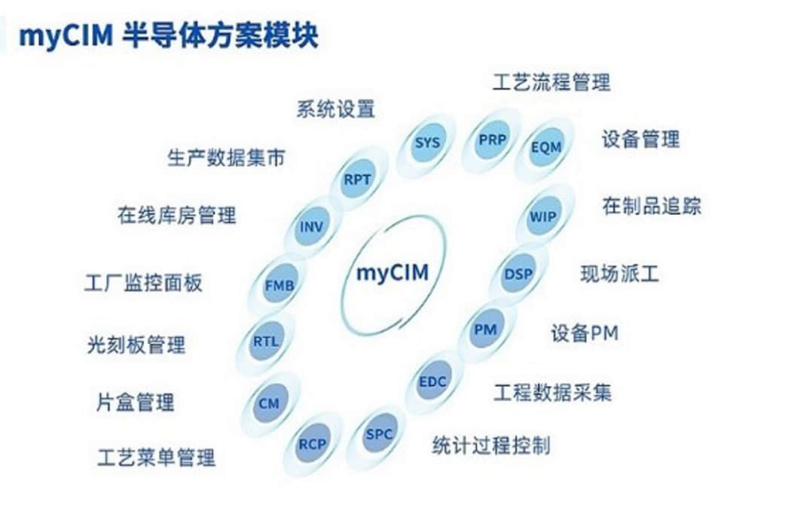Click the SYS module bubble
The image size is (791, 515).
click(427, 143)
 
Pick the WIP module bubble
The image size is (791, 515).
click(543, 216)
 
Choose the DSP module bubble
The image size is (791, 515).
click(518, 274)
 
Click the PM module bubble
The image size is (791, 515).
click(485, 330)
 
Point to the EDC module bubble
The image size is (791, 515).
click(432, 382)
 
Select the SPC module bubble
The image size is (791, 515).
click(378, 434)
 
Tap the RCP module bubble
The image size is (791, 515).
click(313, 444)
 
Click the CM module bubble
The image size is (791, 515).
click(269, 403)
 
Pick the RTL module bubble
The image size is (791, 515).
click(265, 342)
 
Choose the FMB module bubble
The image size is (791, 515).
click(279, 285)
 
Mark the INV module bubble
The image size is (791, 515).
click(310, 227)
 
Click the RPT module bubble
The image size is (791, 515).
click(357, 179)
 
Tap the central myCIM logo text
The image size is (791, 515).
click(392, 273)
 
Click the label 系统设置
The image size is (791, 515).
click(335, 109)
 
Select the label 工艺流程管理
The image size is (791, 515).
click(551, 82)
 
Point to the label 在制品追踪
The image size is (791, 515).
click(652, 206)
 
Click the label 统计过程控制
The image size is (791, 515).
click(491, 446)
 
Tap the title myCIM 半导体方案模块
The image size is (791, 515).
click(169, 36)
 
